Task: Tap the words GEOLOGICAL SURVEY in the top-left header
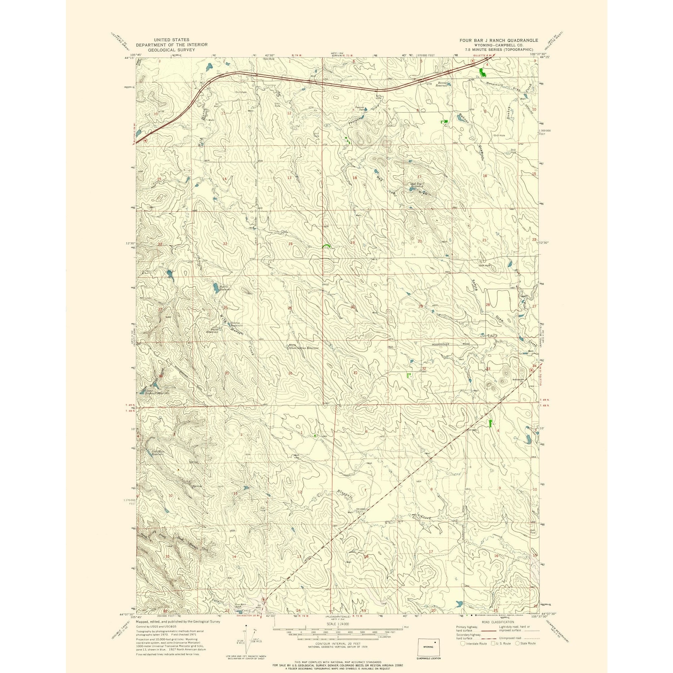click(171, 50)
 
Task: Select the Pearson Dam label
click(359, 108)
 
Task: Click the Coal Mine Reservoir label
click(157, 453)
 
